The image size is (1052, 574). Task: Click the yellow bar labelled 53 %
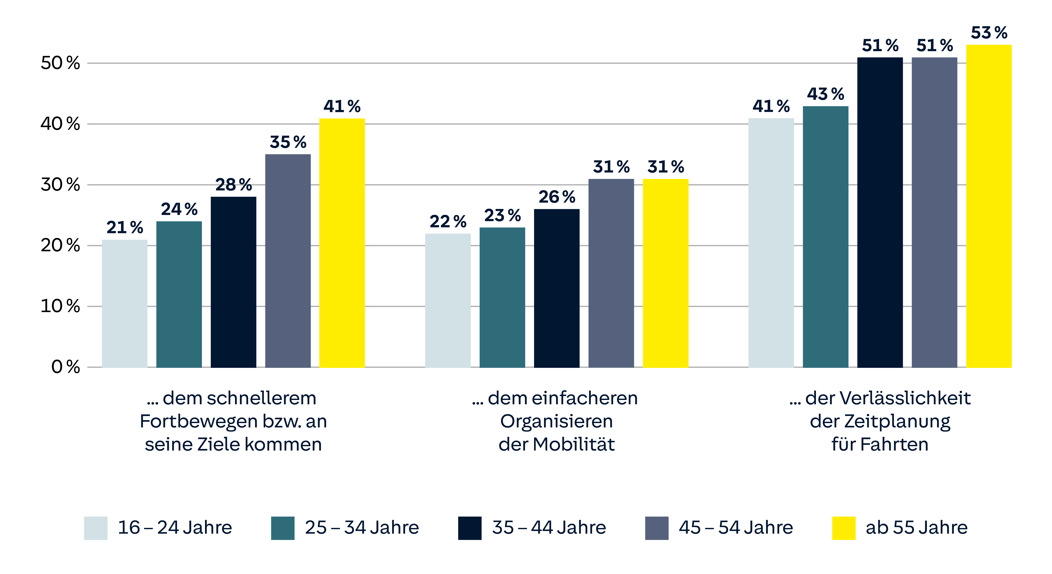[x=989, y=206]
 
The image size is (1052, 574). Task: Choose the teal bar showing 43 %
[x=825, y=237]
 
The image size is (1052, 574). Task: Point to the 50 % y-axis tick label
[x=60, y=63]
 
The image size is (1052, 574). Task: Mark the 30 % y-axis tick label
[x=60, y=185]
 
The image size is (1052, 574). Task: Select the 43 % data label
[x=825, y=94]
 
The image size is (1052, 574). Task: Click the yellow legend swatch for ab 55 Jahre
[x=844, y=528]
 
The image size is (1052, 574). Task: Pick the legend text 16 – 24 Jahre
[x=175, y=527]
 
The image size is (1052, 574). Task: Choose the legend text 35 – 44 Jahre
[x=549, y=527]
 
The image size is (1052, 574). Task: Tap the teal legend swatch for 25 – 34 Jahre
[x=283, y=528]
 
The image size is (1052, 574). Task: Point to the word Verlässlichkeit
[x=888, y=398]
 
